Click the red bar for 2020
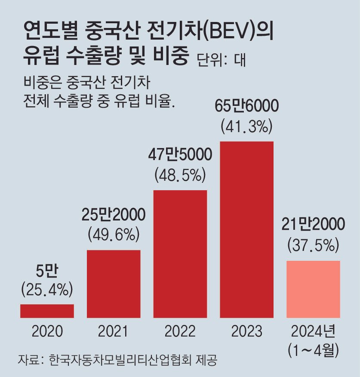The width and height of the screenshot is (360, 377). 47,311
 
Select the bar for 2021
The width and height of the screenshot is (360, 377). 114,284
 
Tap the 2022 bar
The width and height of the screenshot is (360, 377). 180,253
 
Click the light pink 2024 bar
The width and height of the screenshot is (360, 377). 313,289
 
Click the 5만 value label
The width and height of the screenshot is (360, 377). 47,272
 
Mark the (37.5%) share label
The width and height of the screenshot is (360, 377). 313,245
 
